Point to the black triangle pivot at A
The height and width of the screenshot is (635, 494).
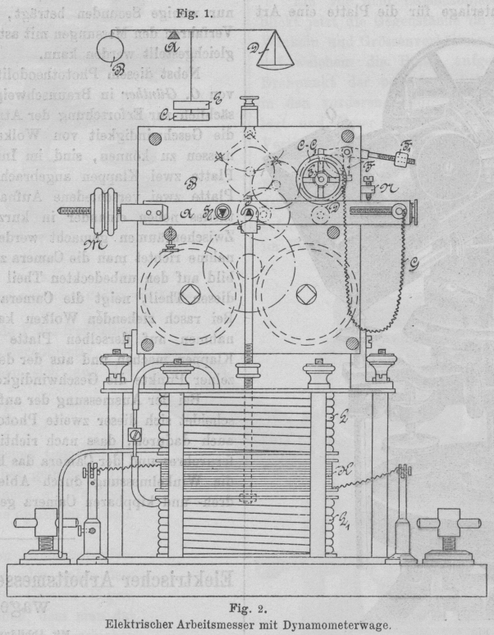174,32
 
